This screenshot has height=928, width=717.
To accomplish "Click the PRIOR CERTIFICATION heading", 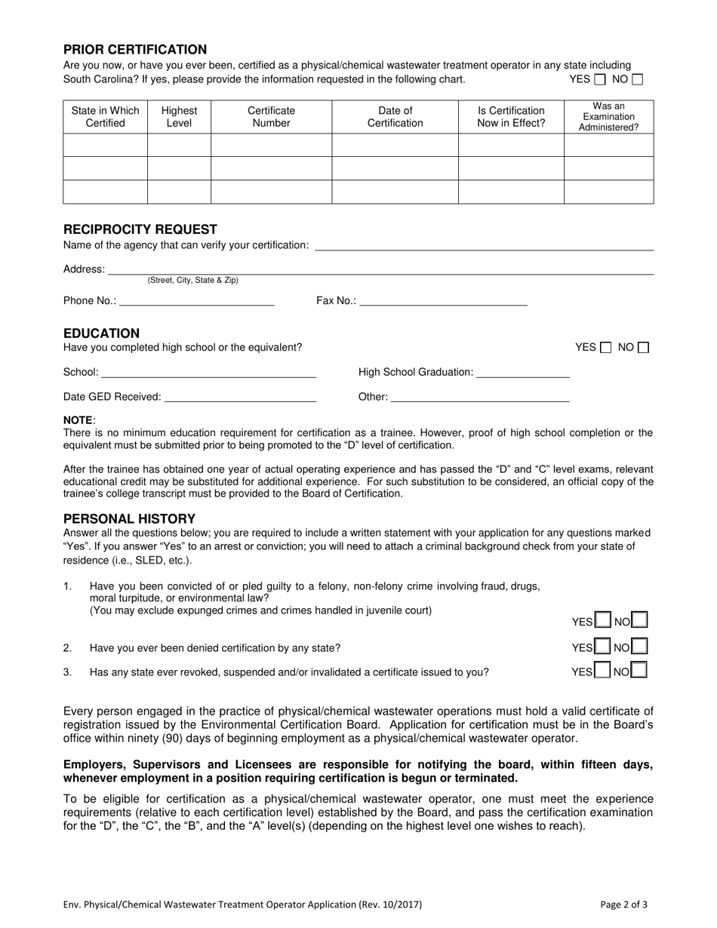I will point(135,50).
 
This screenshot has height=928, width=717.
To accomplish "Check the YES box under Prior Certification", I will point(600,79).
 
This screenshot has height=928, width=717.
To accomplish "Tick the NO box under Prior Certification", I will point(638,79).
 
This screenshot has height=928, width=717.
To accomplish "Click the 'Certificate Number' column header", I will point(271,117).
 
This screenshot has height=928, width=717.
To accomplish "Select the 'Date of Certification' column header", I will point(395,117).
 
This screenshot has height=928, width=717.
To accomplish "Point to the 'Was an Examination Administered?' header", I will point(608,117).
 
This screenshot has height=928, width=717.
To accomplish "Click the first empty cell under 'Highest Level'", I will point(179,145).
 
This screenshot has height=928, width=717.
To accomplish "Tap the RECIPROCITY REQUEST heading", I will point(140,229).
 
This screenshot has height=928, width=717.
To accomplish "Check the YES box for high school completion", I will point(606,348).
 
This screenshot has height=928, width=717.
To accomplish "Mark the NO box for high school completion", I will point(643,348).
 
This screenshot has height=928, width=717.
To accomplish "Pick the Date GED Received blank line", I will point(239,397).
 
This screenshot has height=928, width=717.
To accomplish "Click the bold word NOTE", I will point(78,420).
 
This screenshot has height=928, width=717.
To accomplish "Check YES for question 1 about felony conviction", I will point(602,621).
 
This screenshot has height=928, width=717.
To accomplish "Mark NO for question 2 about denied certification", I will point(639,647).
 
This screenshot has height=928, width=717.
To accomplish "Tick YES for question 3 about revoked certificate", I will point(602,670).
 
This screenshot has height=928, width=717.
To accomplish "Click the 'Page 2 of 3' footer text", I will point(624,904).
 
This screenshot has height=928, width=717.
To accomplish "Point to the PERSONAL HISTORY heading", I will point(129,519).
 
